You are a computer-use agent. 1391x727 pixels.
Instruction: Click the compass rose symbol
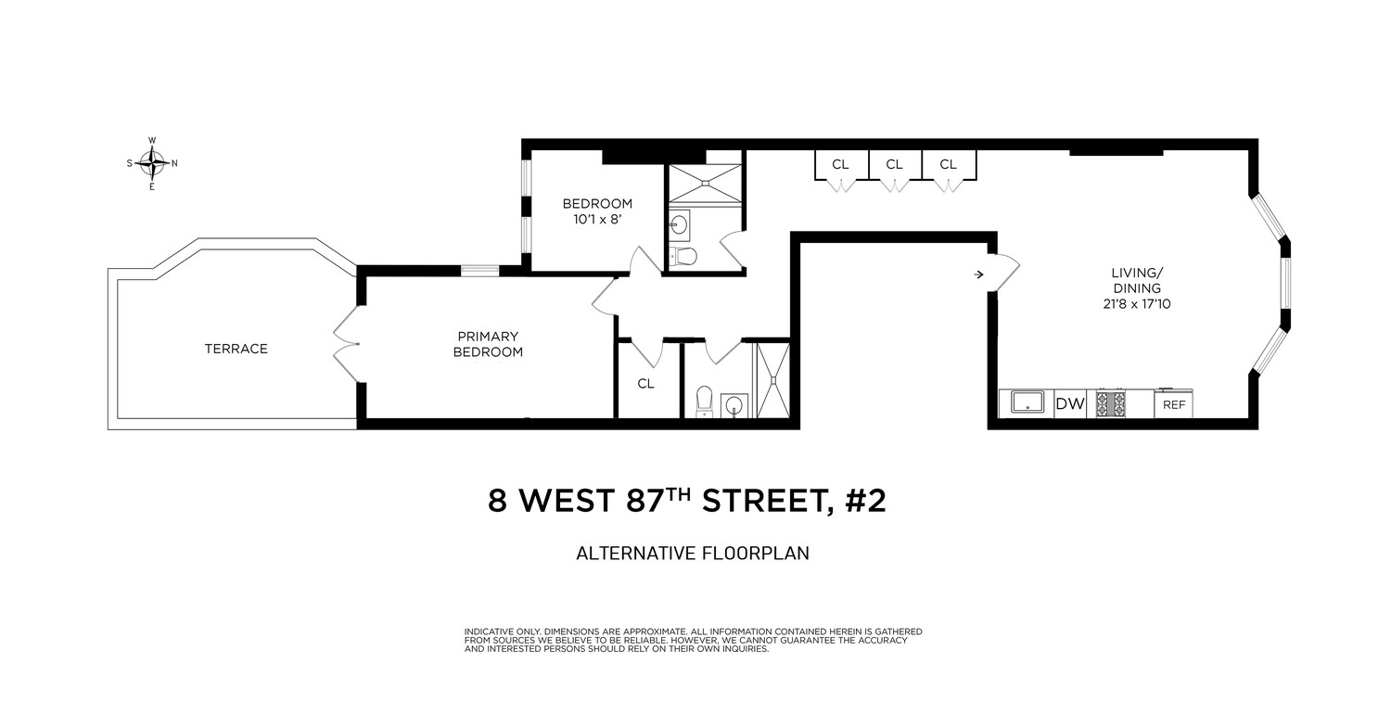tap(152, 163)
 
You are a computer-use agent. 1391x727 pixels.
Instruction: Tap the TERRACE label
tap(236, 349)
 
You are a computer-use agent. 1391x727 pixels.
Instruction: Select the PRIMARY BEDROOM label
tap(488, 344)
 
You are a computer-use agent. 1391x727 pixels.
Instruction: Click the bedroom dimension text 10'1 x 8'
tap(597, 220)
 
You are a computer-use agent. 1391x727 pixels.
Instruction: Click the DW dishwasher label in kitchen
tap(1069, 403)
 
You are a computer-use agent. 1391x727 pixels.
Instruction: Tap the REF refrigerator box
tap(1173, 404)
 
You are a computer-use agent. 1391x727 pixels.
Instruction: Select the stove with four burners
tap(1111, 403)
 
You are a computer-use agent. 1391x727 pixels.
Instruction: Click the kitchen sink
tap(1027, 403)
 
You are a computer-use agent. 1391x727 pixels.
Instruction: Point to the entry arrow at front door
tap(979, 274)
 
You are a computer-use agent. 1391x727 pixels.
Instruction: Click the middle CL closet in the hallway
tap(894, 165)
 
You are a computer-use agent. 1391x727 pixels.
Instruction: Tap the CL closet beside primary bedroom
tap(646, 383)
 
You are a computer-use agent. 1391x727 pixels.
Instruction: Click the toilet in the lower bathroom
tap(704, 400)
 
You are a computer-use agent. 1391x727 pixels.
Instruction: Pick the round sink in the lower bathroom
tap(735, 404)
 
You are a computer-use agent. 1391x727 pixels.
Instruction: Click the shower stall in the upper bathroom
tap(705, 183)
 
